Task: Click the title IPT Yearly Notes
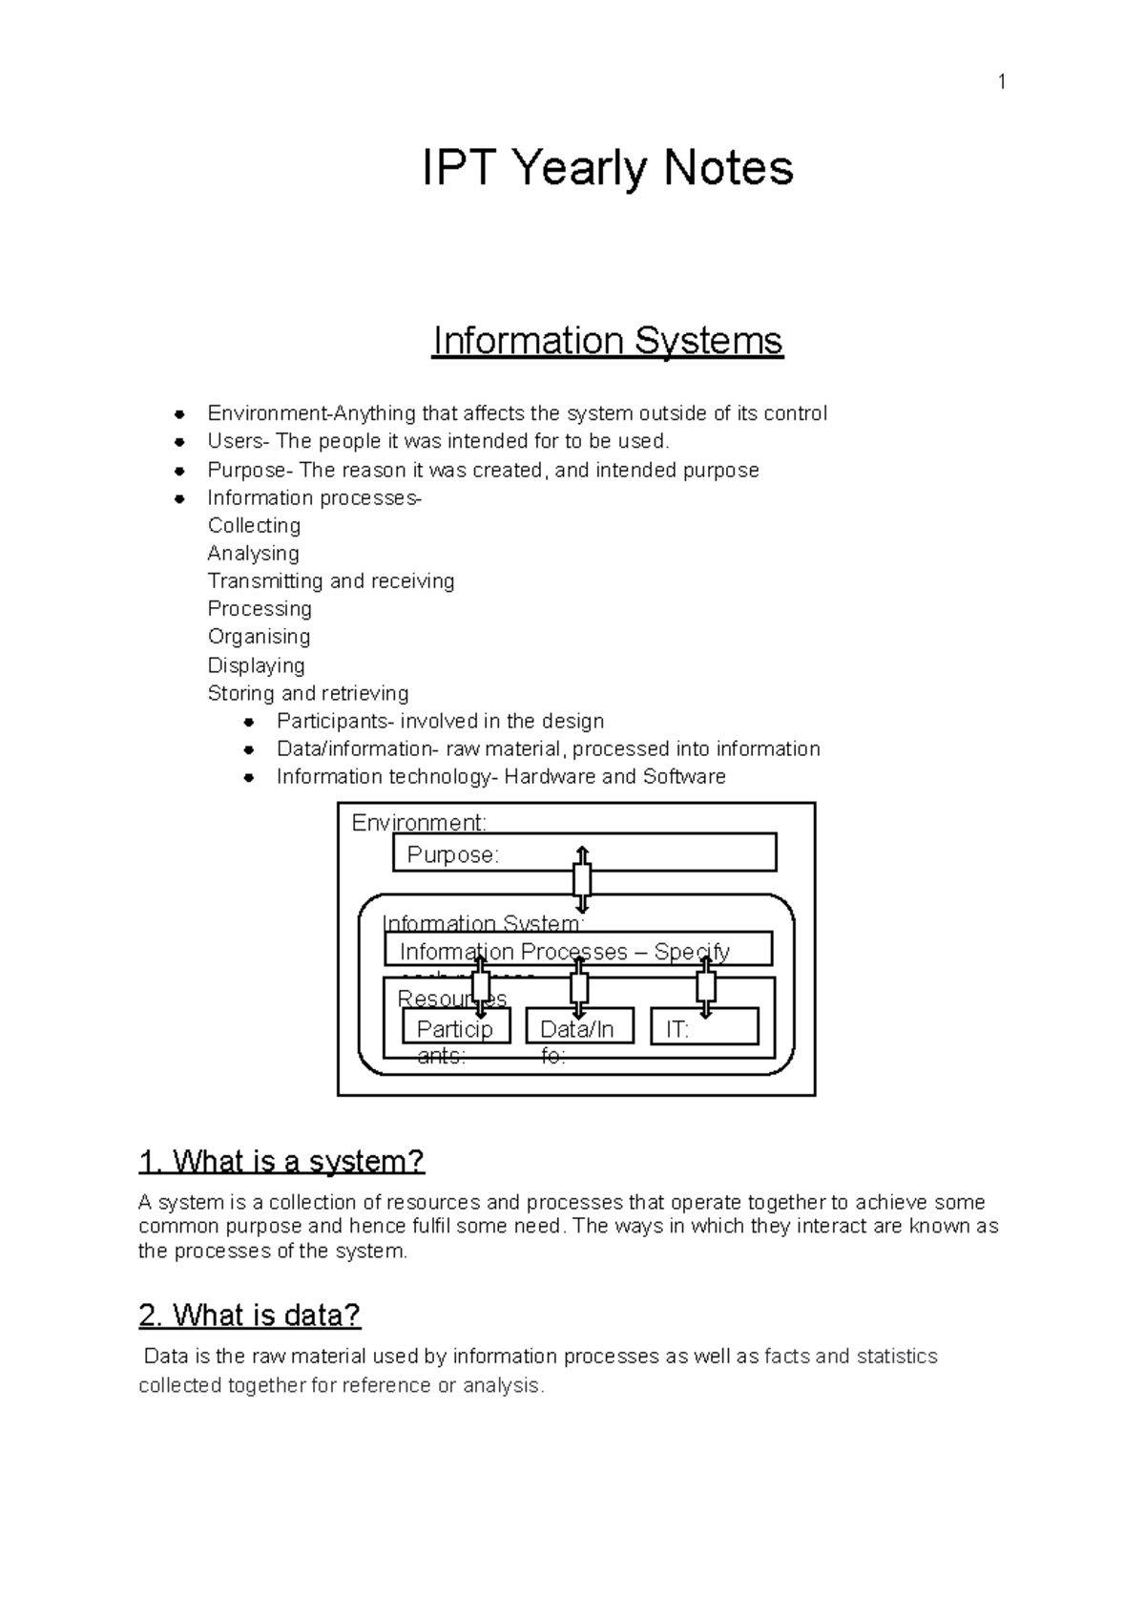click(x=607, y=169)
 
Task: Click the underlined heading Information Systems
click(x=607, y=341)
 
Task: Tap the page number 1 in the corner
click(x=1001, y=83)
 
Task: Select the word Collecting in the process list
click(x=254, y=526)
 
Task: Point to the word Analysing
click(x=253, y=554)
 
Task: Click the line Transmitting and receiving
click(x=330, y=581)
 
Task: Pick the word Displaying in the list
click(x=256, y=665)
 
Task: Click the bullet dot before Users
click(x=178, y=442)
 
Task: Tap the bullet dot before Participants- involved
click(x=248, y=722)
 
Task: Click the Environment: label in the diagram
click(x=419, y=822)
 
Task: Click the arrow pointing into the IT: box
click(x=705, y=987)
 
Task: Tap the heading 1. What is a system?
click(x=281, y=1162)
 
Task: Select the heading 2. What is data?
click(x=249, y=1316)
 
